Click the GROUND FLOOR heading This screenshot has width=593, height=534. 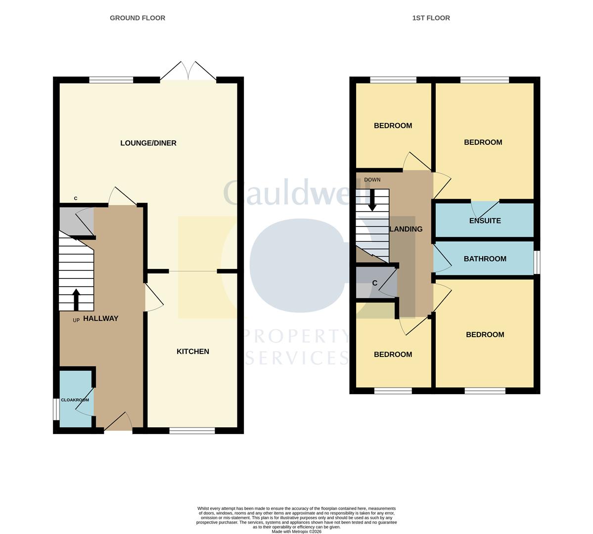coord(137,18)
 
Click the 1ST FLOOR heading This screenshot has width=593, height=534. coord(431,18)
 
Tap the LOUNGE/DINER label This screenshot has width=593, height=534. coord(148,143)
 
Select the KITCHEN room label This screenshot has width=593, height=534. coord(193,352)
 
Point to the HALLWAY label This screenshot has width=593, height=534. coord(100,318)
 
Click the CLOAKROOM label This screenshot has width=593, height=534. coord(75,400)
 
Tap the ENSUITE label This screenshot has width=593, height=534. coord(485,221)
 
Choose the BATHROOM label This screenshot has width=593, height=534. coord(485,259)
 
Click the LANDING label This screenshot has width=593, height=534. coord(406,229)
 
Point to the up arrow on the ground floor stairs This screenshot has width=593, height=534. coord(76,300)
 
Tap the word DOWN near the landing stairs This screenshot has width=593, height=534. coord(372,179)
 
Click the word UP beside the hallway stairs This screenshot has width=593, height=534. coord(76,320)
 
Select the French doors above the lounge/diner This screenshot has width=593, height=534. coord(188,71)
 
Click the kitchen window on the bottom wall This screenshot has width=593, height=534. coord(192,430)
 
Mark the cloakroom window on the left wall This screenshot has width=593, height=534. coord(55,409)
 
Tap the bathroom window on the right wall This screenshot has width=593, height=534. coord(537,262)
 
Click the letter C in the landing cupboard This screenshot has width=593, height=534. coord(375,283)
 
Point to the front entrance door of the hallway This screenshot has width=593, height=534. coord(118,422)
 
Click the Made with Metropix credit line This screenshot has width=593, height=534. coord(297,532)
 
